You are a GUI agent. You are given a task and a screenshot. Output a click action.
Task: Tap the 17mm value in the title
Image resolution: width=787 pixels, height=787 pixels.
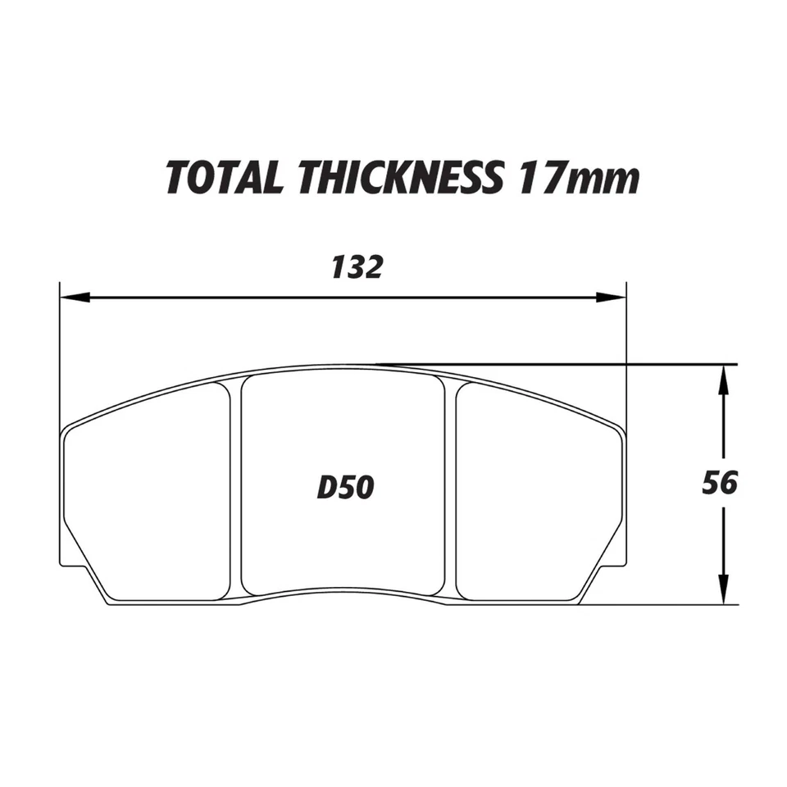(x=577, y=178)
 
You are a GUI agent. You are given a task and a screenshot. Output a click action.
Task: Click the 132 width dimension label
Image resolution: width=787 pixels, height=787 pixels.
(x=357, y=266)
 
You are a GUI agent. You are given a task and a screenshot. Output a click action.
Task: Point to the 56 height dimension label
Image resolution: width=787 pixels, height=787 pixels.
(x=720, y=483)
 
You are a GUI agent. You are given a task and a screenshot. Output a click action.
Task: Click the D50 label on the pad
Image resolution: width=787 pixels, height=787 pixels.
(x=345, y=488)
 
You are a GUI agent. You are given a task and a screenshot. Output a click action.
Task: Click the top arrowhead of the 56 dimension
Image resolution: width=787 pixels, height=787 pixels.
(x=722, y=378)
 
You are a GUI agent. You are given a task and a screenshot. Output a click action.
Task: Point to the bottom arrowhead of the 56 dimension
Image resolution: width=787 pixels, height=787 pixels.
(x=722, y=591)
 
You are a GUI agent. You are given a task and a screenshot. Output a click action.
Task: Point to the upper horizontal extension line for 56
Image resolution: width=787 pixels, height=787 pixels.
(x=574, y=363)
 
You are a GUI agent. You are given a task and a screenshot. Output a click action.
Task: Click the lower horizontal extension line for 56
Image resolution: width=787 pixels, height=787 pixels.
(x=656, y=604)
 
